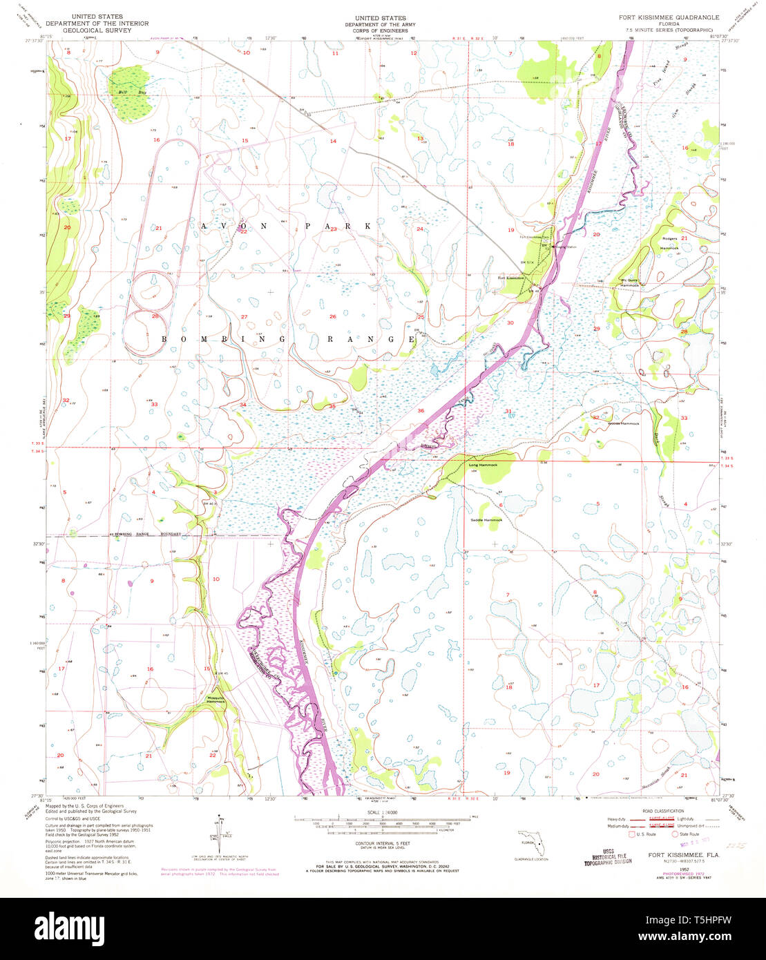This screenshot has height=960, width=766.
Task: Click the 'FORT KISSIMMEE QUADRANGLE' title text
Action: coord(669,17)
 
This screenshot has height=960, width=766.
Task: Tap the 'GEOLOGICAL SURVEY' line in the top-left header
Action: coord(96,31)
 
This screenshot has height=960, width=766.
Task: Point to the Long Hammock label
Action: coord(483,465)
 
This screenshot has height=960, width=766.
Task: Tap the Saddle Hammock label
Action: coord(486,519)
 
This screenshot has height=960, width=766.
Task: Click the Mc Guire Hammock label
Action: coord(629,282)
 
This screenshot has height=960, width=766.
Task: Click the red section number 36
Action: coord(421,411)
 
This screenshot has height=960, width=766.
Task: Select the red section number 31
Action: coord(508,412)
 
